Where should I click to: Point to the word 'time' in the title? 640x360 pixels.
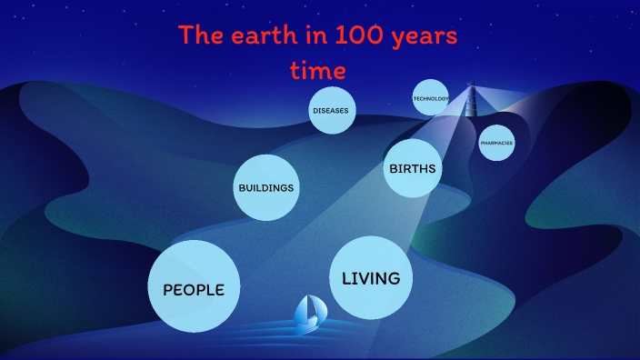(317, 70)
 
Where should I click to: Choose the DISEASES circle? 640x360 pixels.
(331, 111)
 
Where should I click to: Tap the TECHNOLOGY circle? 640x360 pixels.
(431, 98)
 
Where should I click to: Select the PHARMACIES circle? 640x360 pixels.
(496, 143)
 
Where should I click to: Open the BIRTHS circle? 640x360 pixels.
(413, 168)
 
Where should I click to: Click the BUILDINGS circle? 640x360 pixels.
(266, 187)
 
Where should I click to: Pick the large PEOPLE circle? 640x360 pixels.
(194, 286)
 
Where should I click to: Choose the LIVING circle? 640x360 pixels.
(371, 278)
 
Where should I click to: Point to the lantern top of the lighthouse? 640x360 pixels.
(471, 88)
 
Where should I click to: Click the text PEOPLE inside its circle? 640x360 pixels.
(194, 289)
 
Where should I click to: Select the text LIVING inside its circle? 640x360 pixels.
(371, 278)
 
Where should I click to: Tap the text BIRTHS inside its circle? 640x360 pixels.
(413, 169)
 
